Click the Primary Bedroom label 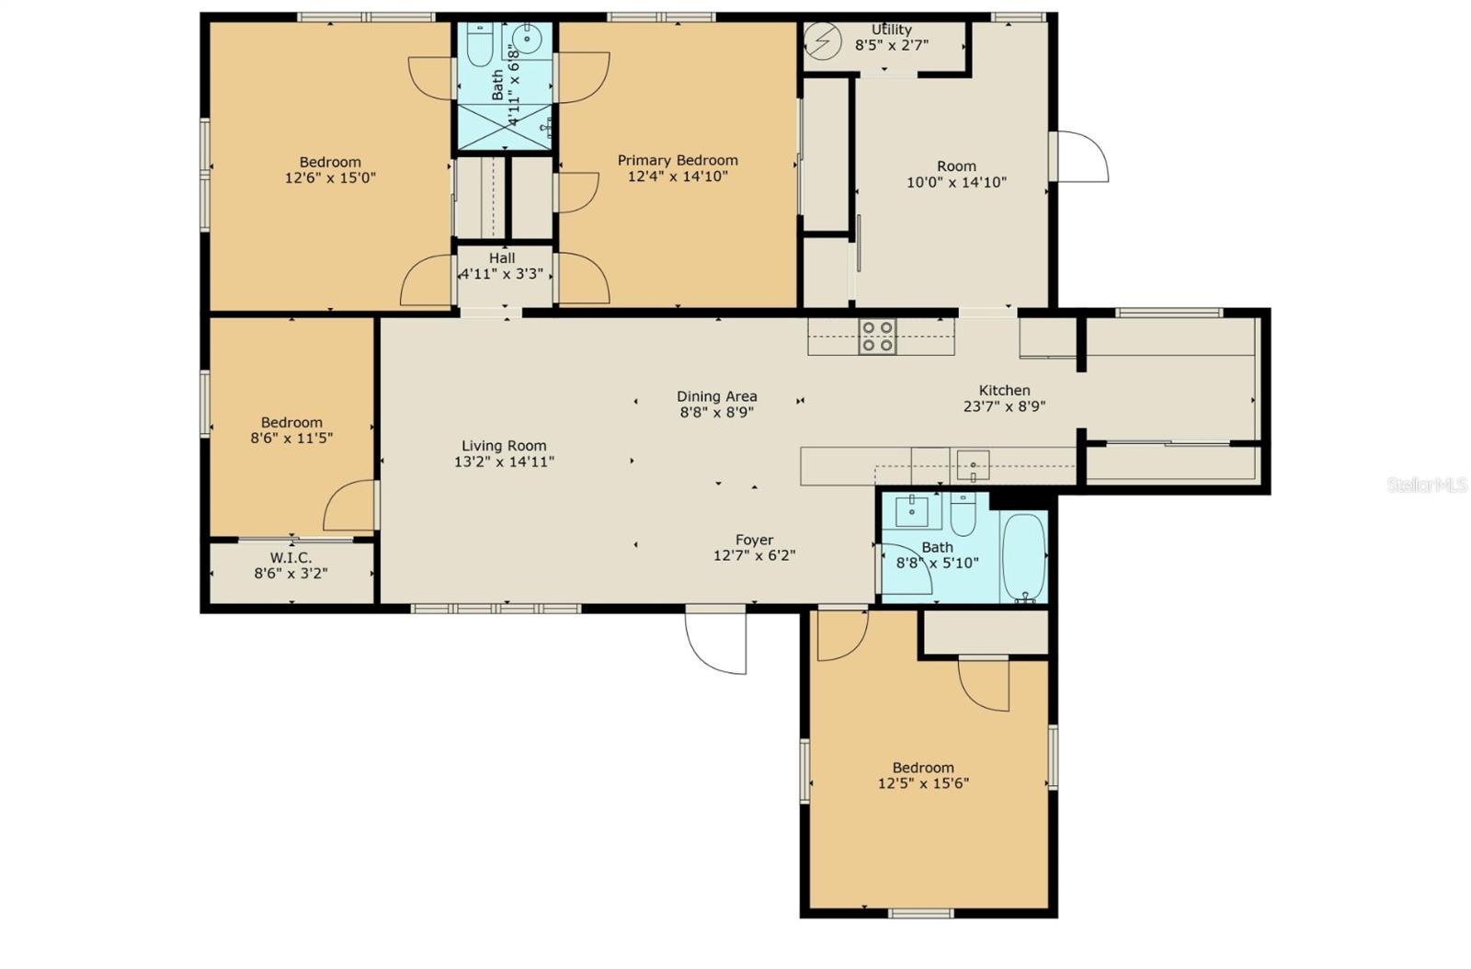678,160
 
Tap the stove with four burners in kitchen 877,336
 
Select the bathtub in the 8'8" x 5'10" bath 1023,556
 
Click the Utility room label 891,29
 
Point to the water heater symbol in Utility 818,40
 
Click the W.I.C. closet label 291,558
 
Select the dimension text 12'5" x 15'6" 923,784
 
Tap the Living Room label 504,446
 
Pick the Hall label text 502,258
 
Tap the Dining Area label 717,397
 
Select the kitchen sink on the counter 973,466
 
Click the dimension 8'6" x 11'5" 291,439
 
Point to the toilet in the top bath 479,42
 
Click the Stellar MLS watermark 1426,484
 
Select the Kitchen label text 1004,390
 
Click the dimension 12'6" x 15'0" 330,178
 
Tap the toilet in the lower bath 963,516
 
